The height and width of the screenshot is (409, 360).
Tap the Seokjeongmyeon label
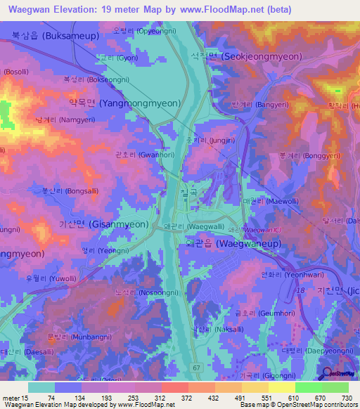(262, 56)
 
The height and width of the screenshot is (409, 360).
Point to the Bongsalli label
(70, 190)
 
